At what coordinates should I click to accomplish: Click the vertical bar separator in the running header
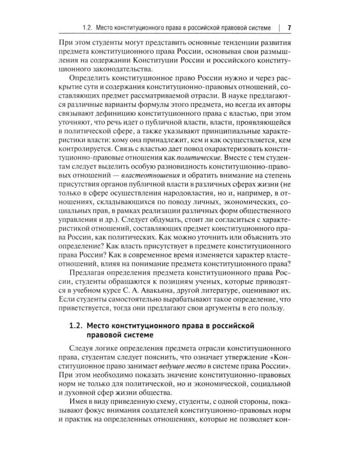(280, 28)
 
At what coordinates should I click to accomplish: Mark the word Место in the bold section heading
(102, 325)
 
